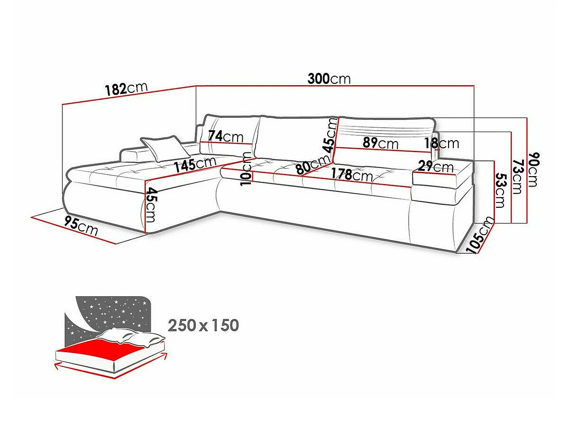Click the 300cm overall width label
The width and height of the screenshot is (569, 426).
point(329,79)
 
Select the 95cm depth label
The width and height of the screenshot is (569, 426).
point(81,226)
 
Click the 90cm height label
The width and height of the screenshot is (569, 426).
point(533,169)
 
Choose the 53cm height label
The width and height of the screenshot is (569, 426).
point(500,190)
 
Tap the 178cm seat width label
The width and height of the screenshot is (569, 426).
point(352,175)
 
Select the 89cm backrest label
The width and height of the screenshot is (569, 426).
point(380,143)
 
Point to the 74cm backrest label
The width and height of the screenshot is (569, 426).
point(226,136)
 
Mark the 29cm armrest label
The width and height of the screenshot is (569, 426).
point(436,166)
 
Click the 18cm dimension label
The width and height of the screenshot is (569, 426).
point(442,143)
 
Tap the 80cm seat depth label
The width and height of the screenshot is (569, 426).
point(313,165)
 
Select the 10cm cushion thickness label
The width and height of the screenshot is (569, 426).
point(246,169)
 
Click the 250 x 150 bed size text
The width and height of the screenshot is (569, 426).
point(203,325)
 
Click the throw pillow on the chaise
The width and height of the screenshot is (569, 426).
point(165,149)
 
